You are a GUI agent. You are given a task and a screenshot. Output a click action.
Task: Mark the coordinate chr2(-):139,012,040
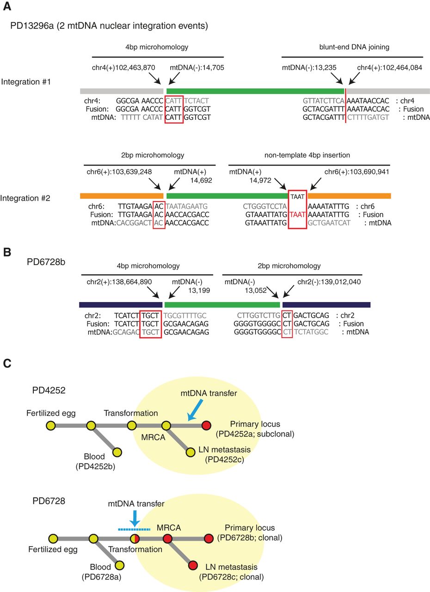tap(329, 281)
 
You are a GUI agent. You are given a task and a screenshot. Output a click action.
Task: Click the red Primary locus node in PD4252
tap(206, 425)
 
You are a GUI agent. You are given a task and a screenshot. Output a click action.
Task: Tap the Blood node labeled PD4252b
tap(117, 452)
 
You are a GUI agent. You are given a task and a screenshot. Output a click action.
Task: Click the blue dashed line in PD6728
tap(134, 529)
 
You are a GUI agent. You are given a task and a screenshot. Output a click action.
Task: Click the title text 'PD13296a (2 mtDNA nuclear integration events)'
tap(109, 25)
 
